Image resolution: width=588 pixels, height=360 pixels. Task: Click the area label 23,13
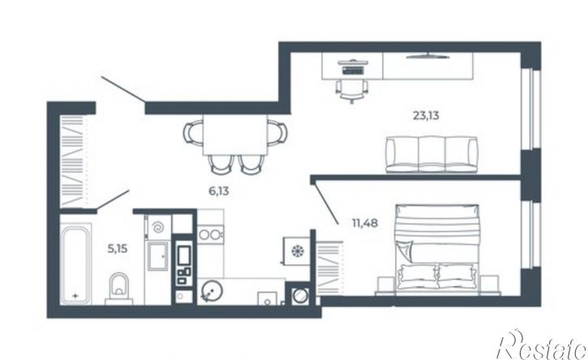[x=426, y=116]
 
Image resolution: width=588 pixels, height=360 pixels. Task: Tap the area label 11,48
[x=365, y=224]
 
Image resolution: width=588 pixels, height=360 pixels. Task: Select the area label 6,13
[x=219, y=191]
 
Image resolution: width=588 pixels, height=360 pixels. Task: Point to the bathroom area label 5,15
[x=118, y=248]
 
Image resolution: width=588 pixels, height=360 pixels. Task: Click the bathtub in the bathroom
[x=75, y=264]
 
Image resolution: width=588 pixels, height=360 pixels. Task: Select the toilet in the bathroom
[x=119, y=288]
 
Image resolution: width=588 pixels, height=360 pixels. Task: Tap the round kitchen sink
[x=212, y=290]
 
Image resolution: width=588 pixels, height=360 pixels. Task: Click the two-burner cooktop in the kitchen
[x=210, y=235]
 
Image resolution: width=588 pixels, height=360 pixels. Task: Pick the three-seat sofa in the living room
[x=431, y=154]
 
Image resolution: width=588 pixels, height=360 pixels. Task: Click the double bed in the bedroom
[x=437, y=248]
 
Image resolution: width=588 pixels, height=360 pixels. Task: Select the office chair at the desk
[x=352, y=90]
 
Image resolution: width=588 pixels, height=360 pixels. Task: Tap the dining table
[x=234, y=135]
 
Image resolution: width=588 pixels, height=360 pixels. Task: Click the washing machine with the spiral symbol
[x=158, y=227]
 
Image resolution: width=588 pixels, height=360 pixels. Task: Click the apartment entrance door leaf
[x=122, y=89]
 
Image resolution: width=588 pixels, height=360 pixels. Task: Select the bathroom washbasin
[x=158, y=256]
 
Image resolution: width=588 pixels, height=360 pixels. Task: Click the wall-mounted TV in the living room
[x=427, y=57]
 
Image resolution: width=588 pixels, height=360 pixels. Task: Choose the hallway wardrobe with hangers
[x=73, y=161]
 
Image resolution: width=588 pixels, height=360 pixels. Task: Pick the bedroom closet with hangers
[x=329, y=268]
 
